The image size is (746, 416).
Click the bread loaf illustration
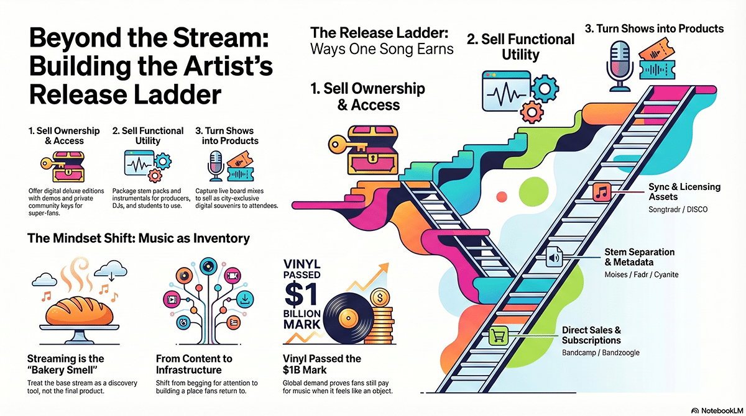point(80,311)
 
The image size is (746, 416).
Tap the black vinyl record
point(348,319)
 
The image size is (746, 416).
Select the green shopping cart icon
point(498,336)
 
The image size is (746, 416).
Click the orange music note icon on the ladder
point(602,192)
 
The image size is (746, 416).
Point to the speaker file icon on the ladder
point(554,257)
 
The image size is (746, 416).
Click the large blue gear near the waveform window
point(545,88)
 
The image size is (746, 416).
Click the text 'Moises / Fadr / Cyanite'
point(642,274)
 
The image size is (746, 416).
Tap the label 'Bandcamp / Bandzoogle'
point(601,353)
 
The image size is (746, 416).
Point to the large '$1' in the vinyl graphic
point(301,294)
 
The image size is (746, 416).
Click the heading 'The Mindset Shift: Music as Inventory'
point(139,238)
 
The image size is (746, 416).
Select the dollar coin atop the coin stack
point(380,298)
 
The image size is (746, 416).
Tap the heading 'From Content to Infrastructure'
point(194,364)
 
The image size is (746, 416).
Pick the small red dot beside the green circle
point(502,197)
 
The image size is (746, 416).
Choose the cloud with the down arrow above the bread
point(111,270)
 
